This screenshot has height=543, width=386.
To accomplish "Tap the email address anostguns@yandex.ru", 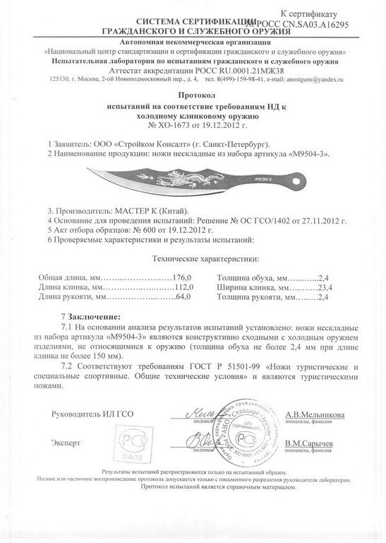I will (x=306, y=80).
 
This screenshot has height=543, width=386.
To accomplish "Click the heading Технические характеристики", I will (x=193, y=259).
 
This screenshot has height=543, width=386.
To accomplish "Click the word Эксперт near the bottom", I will (x=66, y=441).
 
